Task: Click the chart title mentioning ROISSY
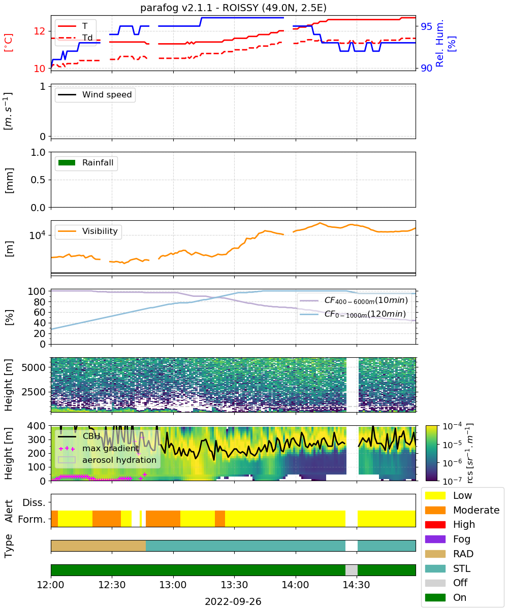coord(233,8)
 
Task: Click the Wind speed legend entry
coord(95,94)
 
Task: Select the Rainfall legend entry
coord(86,162)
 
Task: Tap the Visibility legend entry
coord(87,231)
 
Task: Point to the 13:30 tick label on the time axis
coord(234,585)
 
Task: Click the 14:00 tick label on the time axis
coord(295,585)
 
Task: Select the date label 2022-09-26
coord(233,601)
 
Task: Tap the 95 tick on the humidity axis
coord(426,26)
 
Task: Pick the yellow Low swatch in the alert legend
coord(435,495)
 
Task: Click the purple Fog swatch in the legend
coord(435,539)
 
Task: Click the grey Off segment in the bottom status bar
coord(351,570)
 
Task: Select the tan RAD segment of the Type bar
coord(99,546)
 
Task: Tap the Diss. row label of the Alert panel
coord(34,503)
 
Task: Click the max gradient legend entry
coord(99,448)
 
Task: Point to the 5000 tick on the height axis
coord(34,367)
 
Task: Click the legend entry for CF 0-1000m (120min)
coord(353,314)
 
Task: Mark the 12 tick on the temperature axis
coord(40,31)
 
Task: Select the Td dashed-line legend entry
coord(75,38)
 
